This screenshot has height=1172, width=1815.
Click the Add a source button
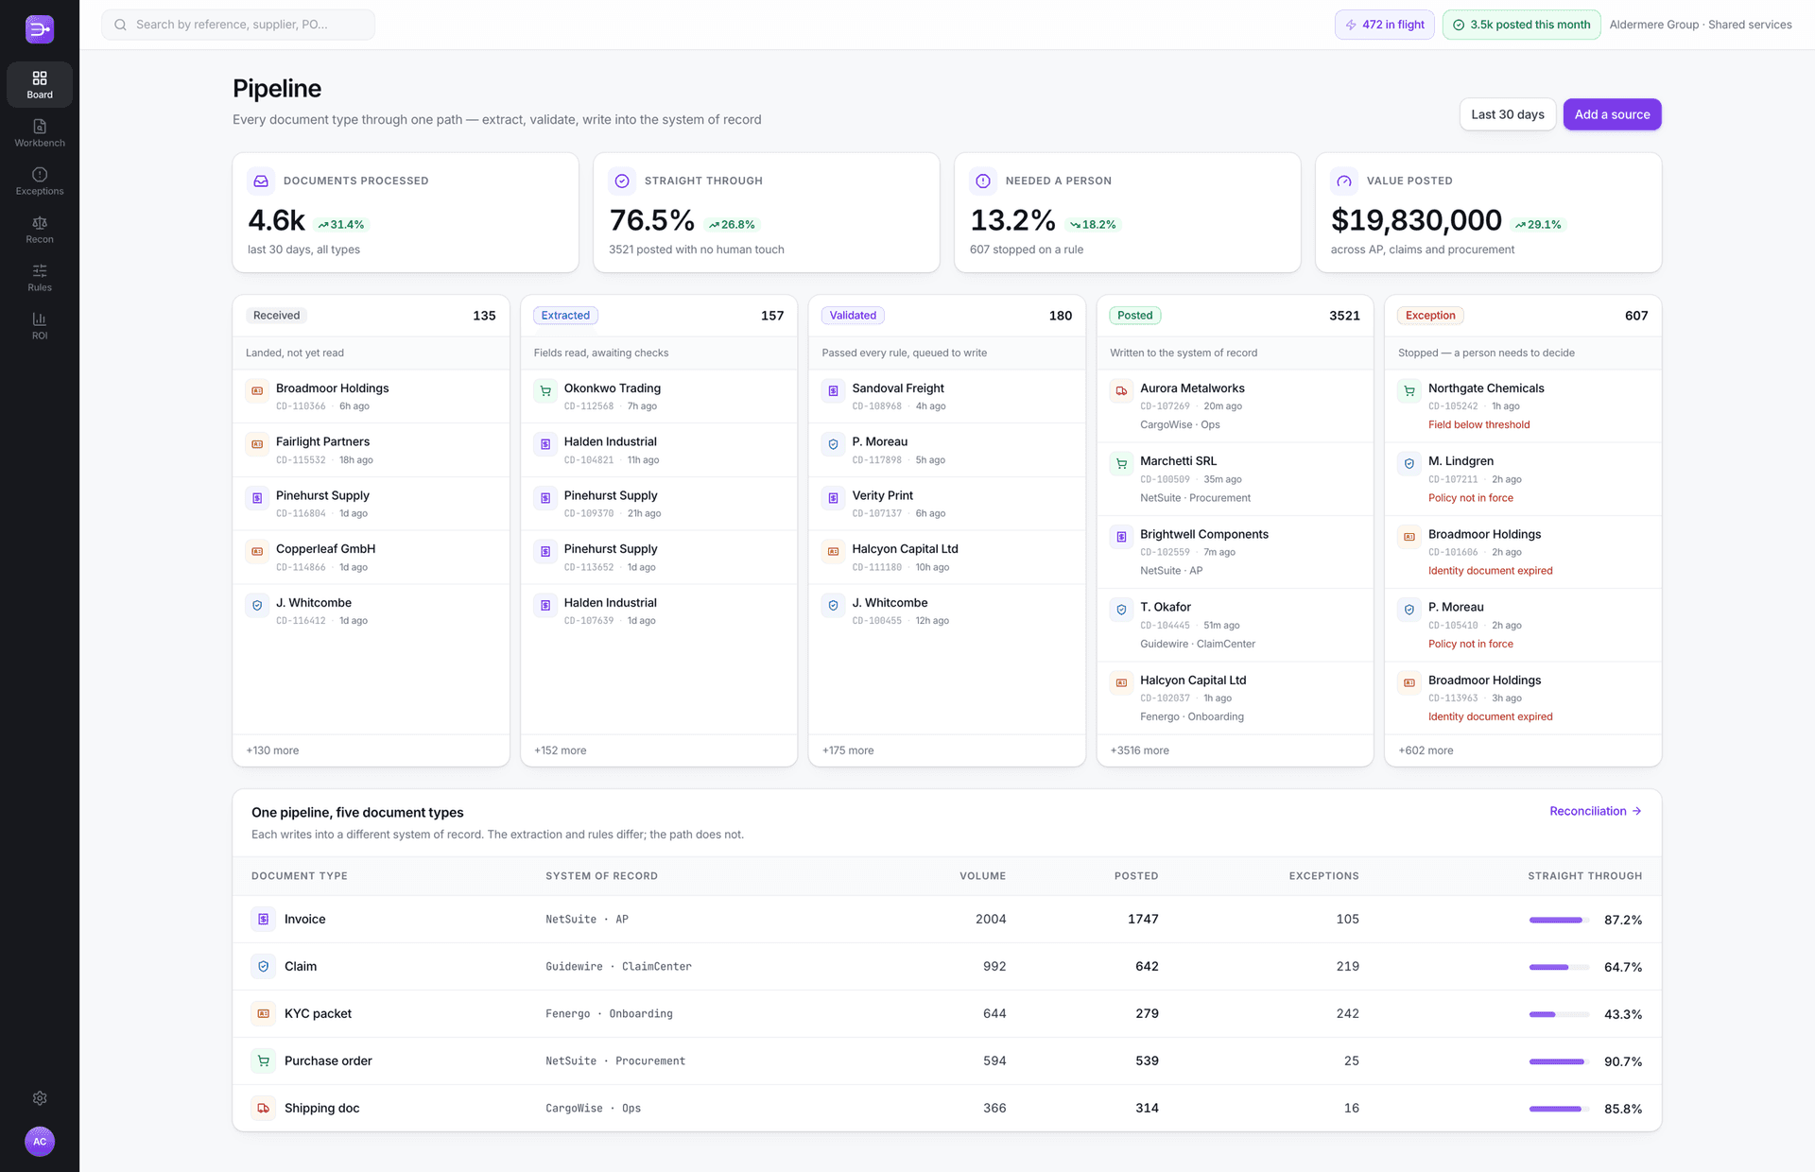[x=1612, y=114]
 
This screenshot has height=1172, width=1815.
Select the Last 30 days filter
[x=1508, y=114]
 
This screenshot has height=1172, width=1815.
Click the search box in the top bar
[x=238, y=25]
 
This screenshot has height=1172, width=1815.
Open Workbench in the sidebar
[x=40, y=132]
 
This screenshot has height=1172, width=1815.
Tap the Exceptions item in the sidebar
[x=40, y=181]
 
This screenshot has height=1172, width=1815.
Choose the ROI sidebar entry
[x=40, y=325]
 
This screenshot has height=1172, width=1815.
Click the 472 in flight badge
[x=1385, y=25]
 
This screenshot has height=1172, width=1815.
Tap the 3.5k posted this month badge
[x=1522, y=25]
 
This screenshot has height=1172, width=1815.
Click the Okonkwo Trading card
[x=659, y=396]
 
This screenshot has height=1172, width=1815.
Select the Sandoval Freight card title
[x=898, y=388]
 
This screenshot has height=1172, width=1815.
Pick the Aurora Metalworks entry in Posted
[x=1235, y=405]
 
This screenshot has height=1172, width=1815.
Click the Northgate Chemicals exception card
[x=1523, y=405]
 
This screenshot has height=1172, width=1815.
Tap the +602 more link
[x=1426, y=750]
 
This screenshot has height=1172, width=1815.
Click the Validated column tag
[x=853, y=316]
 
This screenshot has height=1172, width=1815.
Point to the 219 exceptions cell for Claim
[x=1347, y=966]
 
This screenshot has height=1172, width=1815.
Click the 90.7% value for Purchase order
[x=1622, y=1061]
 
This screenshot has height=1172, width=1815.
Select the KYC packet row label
[x=318, y=1013]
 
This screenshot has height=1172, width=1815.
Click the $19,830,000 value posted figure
[x=1416, y=220]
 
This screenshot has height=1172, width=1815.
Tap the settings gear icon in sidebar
[x=40, y=1098]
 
